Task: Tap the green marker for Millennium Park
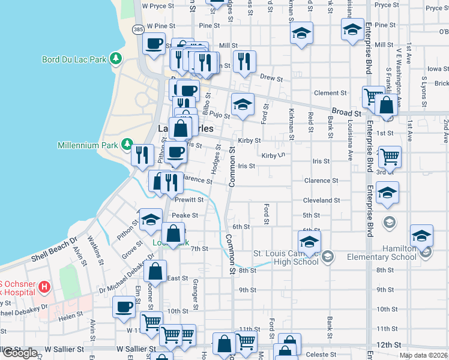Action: pos(127,145)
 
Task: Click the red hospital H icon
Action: pos(43,287)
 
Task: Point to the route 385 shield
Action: pos(138,28)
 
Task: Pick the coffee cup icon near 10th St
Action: pos(124,306)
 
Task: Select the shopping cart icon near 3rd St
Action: pos(390,157)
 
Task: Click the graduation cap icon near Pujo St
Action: pos(243,104)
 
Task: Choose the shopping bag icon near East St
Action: pos(155,271)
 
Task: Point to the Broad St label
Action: pos(348,112)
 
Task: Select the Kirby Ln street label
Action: pos(271,155)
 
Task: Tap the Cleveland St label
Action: pos(321,200)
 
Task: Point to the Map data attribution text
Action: pos(423,355)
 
